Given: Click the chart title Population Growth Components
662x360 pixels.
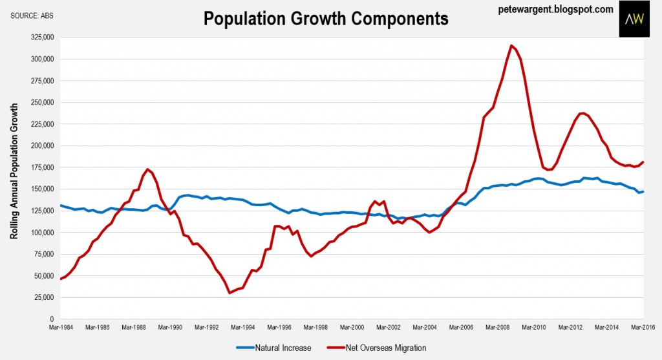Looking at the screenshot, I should [x=326, y=19].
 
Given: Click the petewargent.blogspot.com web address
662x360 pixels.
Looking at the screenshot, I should [x=556, y=9].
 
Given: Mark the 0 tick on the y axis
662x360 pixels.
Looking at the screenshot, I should [x=50, y=319].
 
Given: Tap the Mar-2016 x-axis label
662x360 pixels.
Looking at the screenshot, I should [x=644, y=328].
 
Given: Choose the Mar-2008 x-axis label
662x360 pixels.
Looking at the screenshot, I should [x=498, y=328].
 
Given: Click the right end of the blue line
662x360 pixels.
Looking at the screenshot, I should [x=643, y=191].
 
